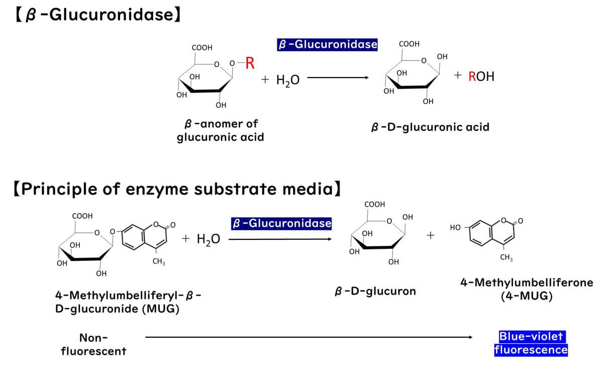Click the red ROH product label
coord(481,76)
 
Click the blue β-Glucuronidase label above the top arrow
coord(327,45)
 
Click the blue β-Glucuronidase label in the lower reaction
coord(281,223)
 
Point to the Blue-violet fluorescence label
coord(531,343)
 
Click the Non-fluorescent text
coord(93,344)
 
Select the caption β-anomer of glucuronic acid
coord(220,130)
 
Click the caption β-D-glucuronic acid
coord(430,127)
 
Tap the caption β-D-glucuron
coord(375,291)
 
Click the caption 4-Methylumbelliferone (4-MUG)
coord(527,289)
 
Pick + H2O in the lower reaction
coord(201,239)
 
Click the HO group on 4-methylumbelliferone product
coord(455,228)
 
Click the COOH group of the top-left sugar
coord(202,48)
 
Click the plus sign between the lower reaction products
coord(430,235)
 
